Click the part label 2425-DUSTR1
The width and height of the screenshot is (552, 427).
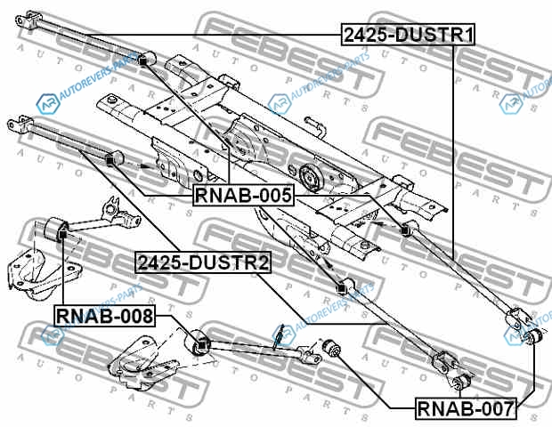click(408, 35)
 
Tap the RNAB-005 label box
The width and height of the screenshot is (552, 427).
click(244, 195)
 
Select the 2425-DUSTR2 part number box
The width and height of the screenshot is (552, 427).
click(204, 262)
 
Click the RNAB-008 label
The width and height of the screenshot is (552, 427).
click(105, 316)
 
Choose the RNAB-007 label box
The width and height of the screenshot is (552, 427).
click(466, 408)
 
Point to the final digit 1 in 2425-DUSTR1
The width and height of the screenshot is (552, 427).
click(468, 35)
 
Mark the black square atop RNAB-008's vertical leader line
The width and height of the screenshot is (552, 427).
click(62, 234)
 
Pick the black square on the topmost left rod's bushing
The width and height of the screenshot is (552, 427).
click(142, 60)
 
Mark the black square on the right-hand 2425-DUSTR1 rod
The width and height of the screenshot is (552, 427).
click(404, 230)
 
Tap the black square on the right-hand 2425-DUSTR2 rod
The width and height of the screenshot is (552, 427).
click(340, 289)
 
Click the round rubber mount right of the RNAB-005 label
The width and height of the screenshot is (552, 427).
click(311, 178)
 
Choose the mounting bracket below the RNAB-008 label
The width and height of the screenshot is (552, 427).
click(142, 364)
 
